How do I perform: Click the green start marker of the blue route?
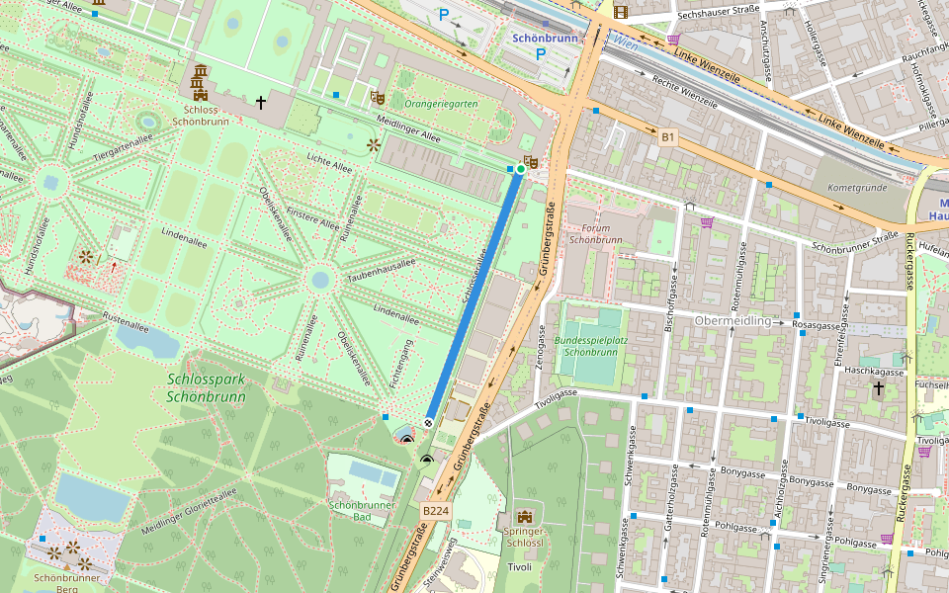coord(520,170)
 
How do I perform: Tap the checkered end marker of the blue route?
coord(429,422)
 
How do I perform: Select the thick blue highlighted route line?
coord(474,296)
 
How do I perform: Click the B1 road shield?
coord(669,136)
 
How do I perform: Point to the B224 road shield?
coord(436,511)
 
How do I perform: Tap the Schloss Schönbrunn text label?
coord(201,102)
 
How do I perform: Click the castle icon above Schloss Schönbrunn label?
coord(201,74)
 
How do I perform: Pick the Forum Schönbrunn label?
coord(595,233)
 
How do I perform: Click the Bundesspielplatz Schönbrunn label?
coord(591,346)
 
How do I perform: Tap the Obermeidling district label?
coord(733,321)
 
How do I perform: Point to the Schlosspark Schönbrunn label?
coord(206,388)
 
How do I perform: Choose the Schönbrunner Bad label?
coord(363,511)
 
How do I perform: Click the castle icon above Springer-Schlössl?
coord(524,518)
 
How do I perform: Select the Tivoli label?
coord(520,566)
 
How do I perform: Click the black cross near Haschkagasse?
coord(878,389)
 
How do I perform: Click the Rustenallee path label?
coord(126,320)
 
